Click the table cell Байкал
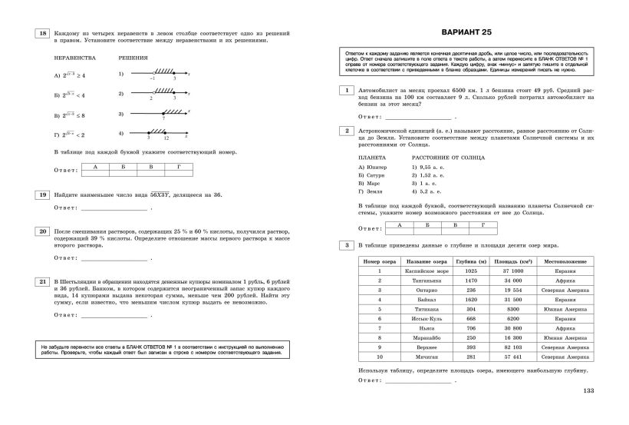point(420,297)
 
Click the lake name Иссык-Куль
point(420,317)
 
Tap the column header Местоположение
point(565,261)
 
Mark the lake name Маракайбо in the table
point(420,337)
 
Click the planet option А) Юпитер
point(373,167)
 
